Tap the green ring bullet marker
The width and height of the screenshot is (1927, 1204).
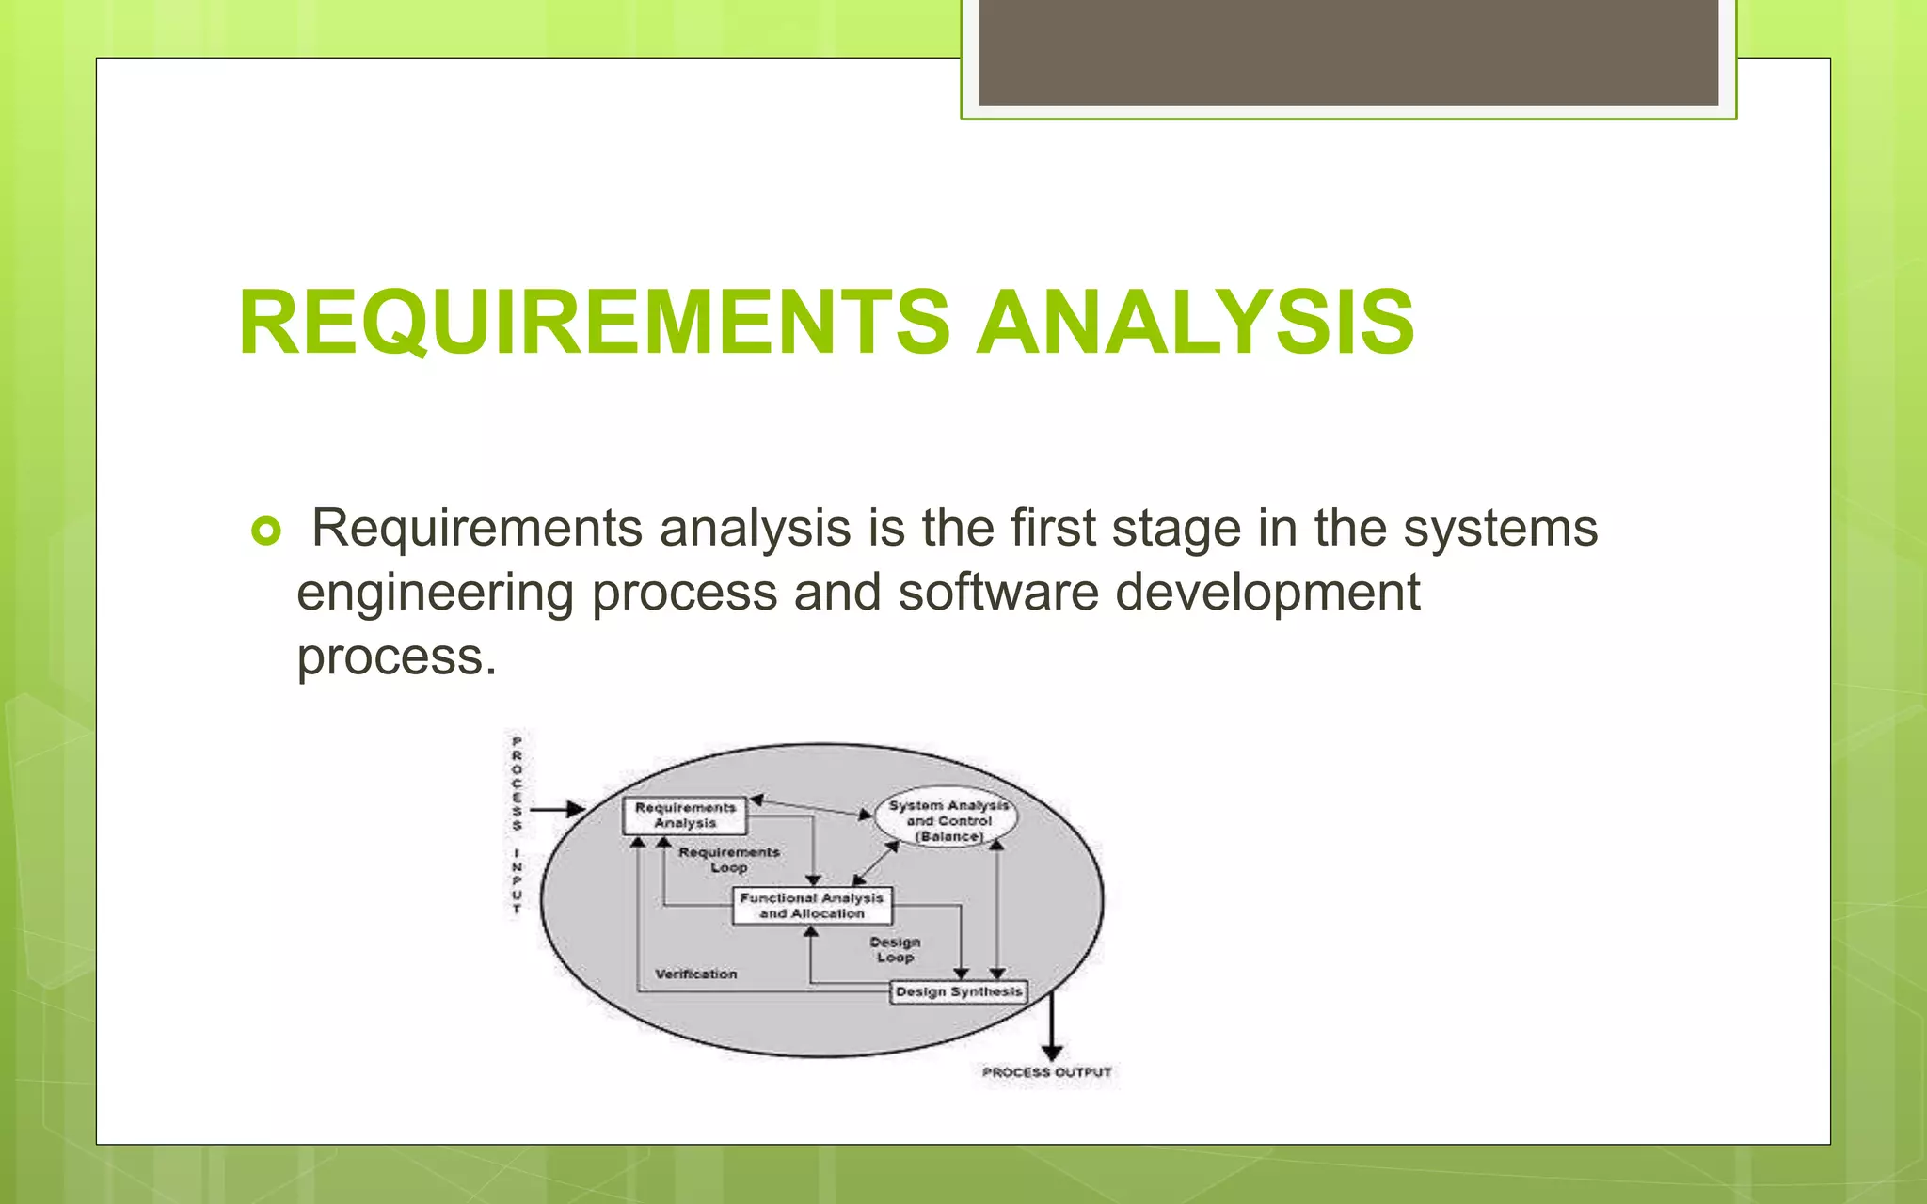tap(266, 531)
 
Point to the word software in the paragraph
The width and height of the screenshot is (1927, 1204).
tap(998, 594)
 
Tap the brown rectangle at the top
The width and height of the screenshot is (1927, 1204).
tap(1348, 53)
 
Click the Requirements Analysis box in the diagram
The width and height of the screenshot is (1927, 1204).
tap(685, 816)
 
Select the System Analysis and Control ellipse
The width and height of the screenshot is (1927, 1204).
tap(948, 819)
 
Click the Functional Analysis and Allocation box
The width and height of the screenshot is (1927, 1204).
tap(812, 906)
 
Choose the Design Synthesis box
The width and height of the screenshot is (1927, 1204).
tap(958, 991)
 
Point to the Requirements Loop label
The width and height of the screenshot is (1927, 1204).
tap(729, 860)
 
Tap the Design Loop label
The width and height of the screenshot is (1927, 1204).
tap(895, 949)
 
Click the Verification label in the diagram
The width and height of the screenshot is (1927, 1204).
tap(696, 974)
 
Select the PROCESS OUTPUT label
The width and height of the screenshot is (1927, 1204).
tap(1046, 1072)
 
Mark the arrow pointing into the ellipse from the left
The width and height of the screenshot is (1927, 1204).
tap(560, 809)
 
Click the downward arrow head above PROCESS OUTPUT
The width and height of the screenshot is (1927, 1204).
tap(1052, 1053)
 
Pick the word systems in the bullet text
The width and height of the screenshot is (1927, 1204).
tap(1500, 529)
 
